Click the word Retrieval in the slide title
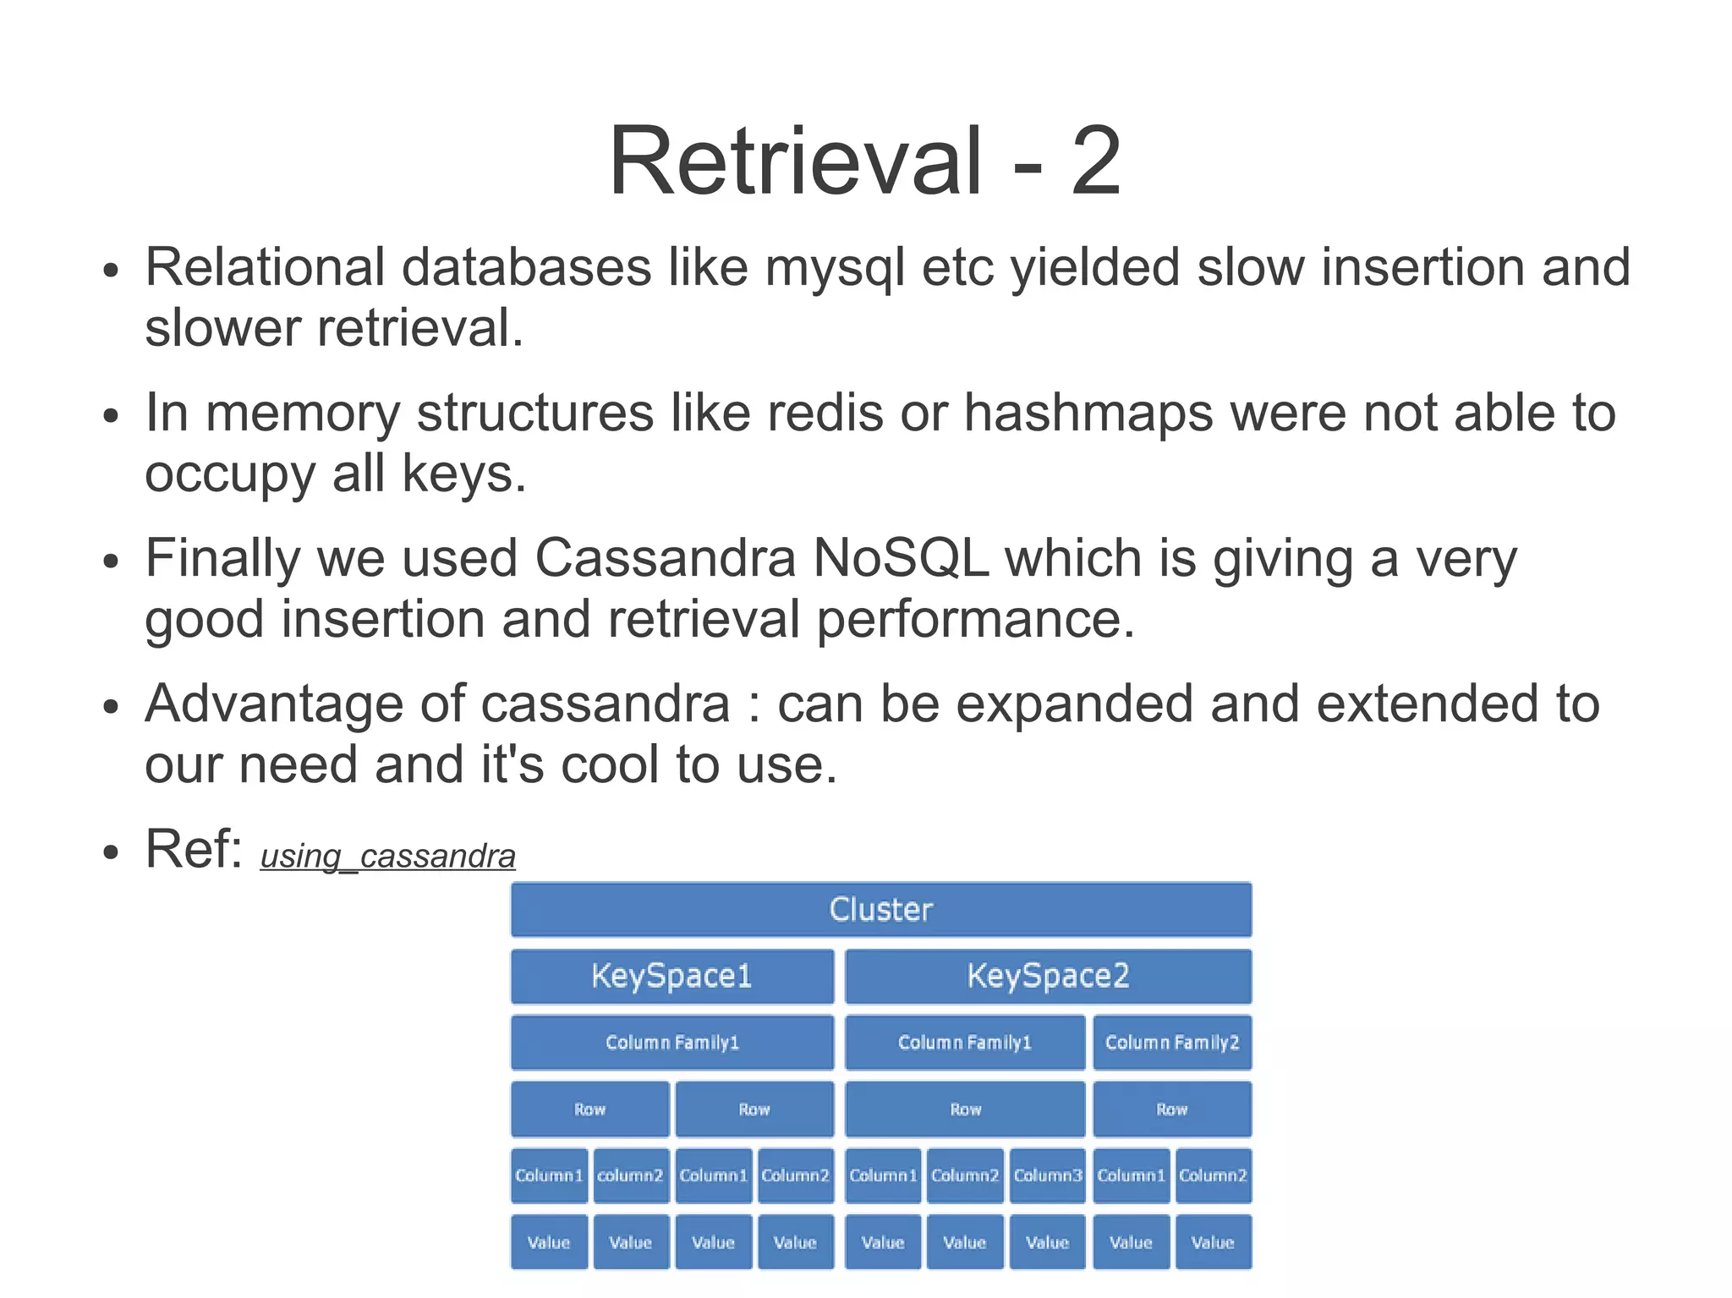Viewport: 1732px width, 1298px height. point(795,161)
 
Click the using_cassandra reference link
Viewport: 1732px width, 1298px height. point(387,857)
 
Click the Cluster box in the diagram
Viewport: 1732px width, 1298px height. point(880,910)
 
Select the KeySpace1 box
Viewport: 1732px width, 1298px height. point(671,976)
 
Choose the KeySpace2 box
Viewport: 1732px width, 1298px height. point(1048,976)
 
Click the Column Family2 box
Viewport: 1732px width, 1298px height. point(1171,1043)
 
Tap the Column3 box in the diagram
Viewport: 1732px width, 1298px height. point(1047,1175)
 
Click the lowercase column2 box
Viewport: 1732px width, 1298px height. point(630,1175)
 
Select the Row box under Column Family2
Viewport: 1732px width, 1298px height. point(1171,1109)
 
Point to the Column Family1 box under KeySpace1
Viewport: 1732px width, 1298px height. point(671,1043)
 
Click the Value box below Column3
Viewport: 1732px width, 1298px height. point(1047,1242)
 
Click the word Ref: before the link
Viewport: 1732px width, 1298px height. point(194,849)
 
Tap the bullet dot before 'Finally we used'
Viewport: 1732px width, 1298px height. point(110,563)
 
